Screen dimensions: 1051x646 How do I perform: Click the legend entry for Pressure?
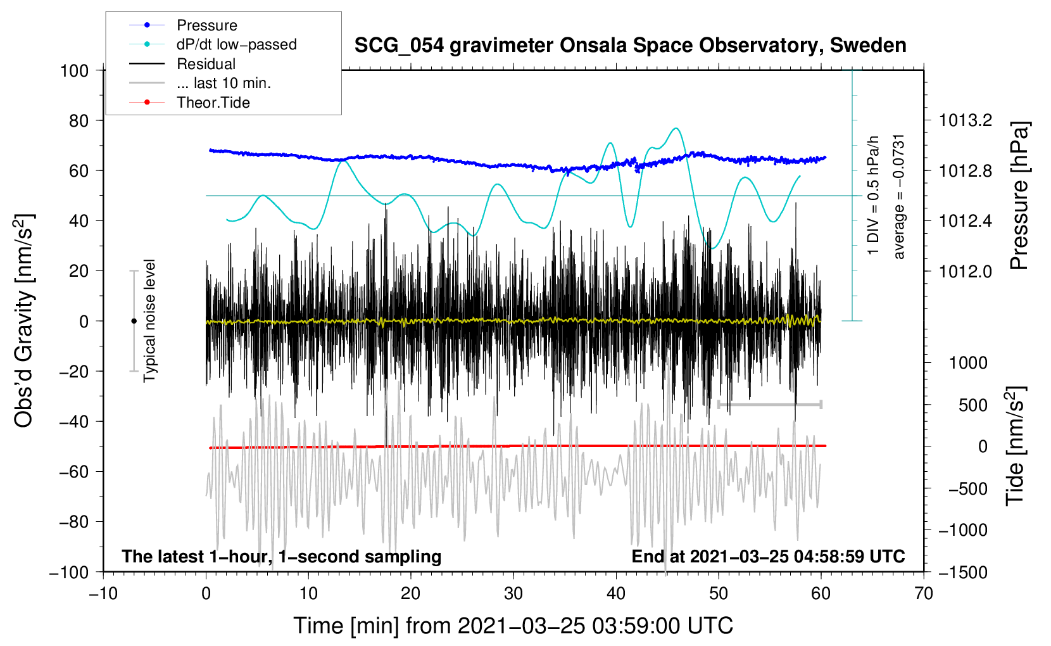[184, 25]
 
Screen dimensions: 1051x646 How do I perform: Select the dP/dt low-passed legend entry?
[213, 44]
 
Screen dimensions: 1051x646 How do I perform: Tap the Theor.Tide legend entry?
[189, 103]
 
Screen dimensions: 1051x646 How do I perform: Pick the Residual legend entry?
[182, 64]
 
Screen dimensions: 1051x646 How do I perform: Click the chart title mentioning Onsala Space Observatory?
[630, 45]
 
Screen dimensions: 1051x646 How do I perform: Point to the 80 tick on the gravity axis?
[79, 121]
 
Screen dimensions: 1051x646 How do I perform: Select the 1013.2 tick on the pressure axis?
[965, 121]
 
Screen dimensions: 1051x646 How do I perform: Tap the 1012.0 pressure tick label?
[965, 271]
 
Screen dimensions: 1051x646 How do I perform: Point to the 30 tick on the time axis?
[513, 593]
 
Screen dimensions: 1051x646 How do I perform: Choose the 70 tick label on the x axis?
[923, 593]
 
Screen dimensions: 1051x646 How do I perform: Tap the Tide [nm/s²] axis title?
[1016, 446]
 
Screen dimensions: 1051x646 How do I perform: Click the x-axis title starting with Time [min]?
[513, 626]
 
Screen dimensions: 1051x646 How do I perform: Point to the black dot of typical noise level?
[134, 321]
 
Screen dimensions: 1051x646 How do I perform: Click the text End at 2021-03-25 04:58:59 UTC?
[768, 556]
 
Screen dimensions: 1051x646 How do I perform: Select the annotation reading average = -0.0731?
[899, 197]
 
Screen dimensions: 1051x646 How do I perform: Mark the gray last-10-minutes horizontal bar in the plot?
[769, 405]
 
